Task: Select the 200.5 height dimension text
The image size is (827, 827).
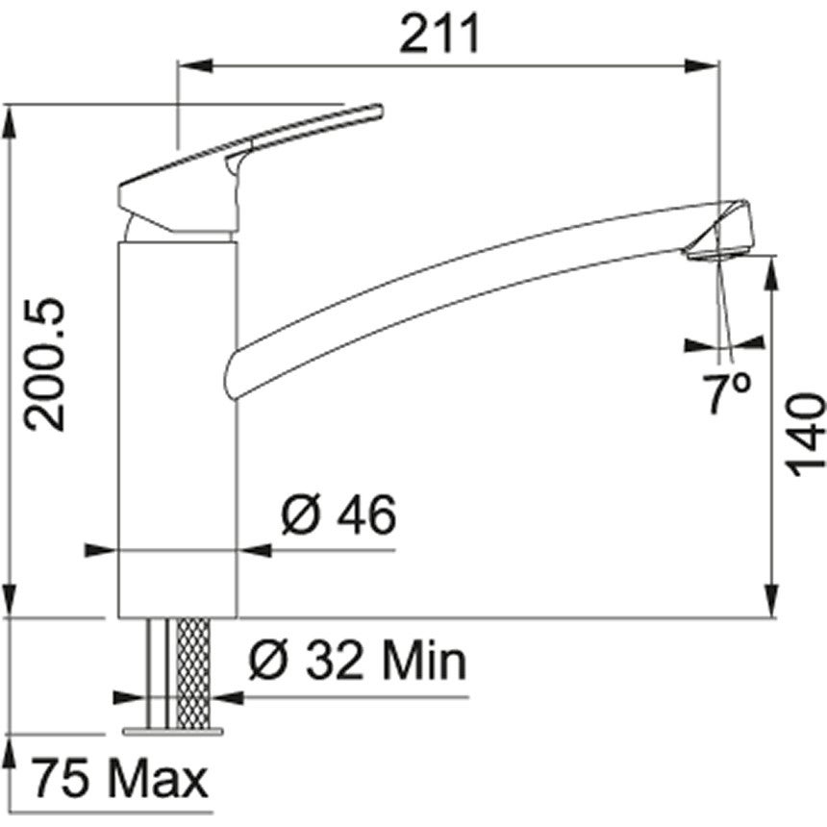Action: [x=46, y=364]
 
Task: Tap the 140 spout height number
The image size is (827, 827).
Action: [x=806, y=435]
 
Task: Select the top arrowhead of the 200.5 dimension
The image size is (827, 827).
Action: [x=10, y=118]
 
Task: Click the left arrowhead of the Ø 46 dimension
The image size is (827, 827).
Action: [x=101, y=551]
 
